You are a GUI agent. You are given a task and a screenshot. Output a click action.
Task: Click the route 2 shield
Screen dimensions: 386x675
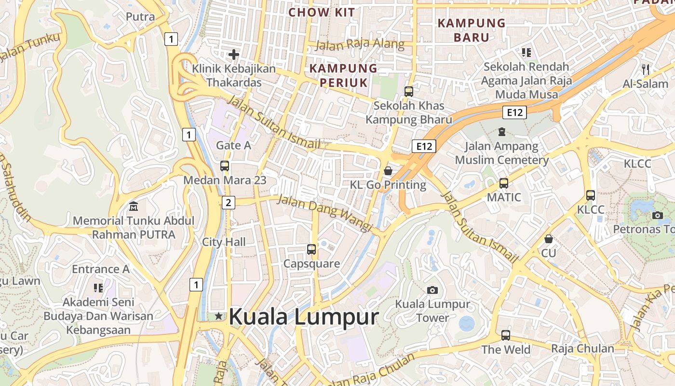[229, 202]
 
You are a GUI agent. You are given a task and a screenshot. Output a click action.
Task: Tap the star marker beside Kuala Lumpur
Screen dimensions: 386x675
[219, 316]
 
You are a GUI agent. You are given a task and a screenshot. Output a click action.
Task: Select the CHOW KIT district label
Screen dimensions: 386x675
[322, 13]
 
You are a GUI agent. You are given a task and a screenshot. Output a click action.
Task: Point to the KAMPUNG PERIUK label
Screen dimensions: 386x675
[343, 75]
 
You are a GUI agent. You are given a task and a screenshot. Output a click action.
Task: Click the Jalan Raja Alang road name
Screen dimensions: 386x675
[360, 44]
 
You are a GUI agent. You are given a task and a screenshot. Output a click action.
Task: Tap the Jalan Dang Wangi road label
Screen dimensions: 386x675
[325, 213]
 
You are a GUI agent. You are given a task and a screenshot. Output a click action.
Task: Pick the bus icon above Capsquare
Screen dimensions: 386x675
[311, 249]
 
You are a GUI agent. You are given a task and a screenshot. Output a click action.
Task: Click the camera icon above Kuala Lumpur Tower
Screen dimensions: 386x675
[432, 290]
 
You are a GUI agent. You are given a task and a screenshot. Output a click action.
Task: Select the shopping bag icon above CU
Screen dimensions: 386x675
[548, 239]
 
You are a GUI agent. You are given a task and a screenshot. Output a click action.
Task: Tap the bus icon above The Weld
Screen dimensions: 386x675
[505, 335]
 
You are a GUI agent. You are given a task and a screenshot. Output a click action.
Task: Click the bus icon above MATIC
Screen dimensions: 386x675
[504, 183]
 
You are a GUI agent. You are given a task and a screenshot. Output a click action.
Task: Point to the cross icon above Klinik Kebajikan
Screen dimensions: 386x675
[234, 54]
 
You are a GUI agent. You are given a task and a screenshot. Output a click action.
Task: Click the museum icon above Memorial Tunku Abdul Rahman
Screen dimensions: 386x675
[134, 207]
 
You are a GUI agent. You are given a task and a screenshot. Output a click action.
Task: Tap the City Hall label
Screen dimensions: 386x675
[224, 242]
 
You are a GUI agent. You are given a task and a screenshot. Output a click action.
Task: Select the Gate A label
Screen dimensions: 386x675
[233, 145]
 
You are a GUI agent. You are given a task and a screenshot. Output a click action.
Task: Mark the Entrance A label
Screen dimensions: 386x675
[101, 269]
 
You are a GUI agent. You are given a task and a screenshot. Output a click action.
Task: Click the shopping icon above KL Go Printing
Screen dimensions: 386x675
[388, 170]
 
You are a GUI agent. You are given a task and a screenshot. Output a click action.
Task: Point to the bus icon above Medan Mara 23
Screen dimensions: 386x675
[225, 166]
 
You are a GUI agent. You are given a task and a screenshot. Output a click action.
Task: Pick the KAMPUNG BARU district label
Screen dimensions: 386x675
[472, 30]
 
